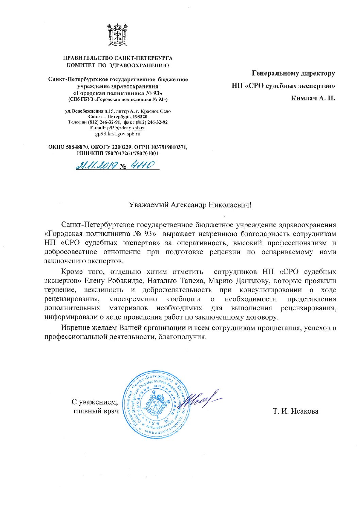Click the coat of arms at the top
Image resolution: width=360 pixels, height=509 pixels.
tap(117, 35)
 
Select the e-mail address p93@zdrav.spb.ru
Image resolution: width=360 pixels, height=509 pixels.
tap(126, 128)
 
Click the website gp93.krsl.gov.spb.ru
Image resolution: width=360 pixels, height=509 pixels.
tap(118, 133)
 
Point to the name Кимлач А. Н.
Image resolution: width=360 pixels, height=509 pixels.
tap(313, 98)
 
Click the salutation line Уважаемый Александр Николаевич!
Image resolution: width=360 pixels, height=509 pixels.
tap(191, 205)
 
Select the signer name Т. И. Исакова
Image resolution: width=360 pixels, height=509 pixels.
tap(295, 411)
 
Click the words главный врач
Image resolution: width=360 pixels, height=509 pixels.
tap(96, 411)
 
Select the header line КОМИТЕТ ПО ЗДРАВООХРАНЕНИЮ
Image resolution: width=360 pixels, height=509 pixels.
tap(118, 65)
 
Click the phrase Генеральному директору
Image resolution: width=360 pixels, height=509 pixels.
tap(293, 73)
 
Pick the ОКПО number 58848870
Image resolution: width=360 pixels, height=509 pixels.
tap(76, 147)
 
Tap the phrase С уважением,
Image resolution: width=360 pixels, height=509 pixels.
tap(95, 402)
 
